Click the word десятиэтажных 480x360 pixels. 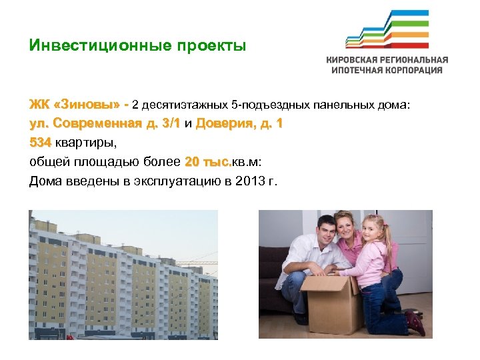tap(183, 105)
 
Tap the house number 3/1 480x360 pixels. tap(170, 123)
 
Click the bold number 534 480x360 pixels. tap(40, 142)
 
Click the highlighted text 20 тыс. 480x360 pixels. tap(208, 161)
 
